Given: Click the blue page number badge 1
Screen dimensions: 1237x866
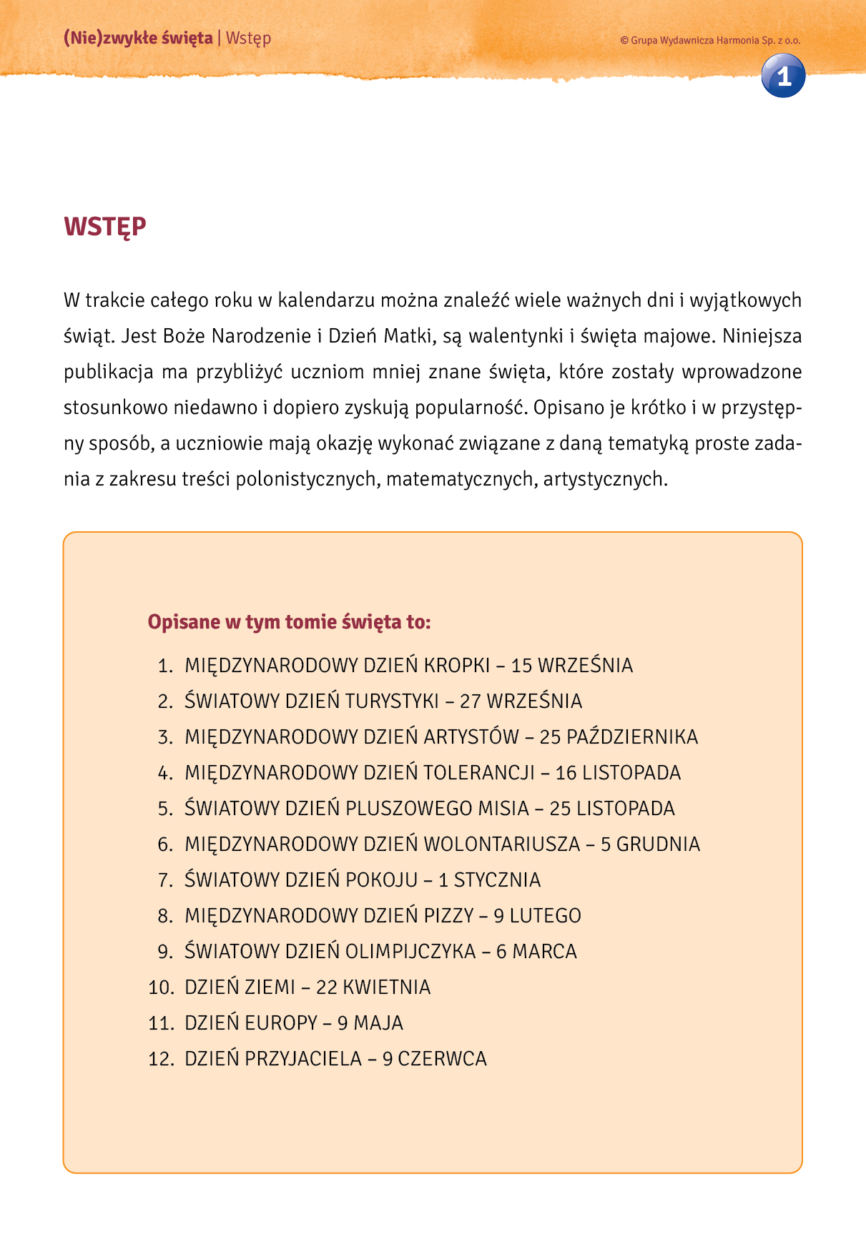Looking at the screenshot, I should tap(783, 76).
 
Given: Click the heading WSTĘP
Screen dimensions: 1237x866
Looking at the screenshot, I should tap(105, 227).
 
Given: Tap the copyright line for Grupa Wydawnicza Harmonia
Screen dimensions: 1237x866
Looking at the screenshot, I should tap(710, 41).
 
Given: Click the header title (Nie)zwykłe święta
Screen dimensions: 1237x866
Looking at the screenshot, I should tap(138, 38).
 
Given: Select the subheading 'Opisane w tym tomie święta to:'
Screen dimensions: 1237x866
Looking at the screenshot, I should tap(289, 622).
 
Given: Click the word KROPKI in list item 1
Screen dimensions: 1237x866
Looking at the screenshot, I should tap(457, 666).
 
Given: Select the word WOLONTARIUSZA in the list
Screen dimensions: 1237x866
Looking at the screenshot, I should tap(502, 844).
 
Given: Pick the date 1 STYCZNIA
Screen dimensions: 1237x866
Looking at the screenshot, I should tap(489, 880).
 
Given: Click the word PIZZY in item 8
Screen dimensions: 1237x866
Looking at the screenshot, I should tap(448, 916).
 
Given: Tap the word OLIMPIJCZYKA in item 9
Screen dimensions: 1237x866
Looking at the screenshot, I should tap(410, 952).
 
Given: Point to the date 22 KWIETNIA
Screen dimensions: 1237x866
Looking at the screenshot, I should tap(373, 987).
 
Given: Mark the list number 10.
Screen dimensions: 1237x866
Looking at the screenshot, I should tap(161, 987).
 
